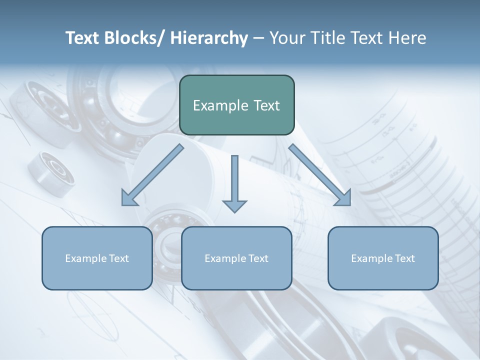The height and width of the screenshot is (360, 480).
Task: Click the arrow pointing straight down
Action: click(234, 185)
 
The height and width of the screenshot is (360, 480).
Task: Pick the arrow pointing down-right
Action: click(320, 175)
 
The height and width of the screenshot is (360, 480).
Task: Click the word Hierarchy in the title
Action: click(209, 38)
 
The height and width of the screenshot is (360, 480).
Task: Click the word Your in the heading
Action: click(286, 38)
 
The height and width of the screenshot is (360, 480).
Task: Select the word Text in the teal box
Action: click(265, 106)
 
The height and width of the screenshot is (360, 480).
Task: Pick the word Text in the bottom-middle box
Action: click(257, 258)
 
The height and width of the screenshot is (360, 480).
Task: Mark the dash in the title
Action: click(258, 38)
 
